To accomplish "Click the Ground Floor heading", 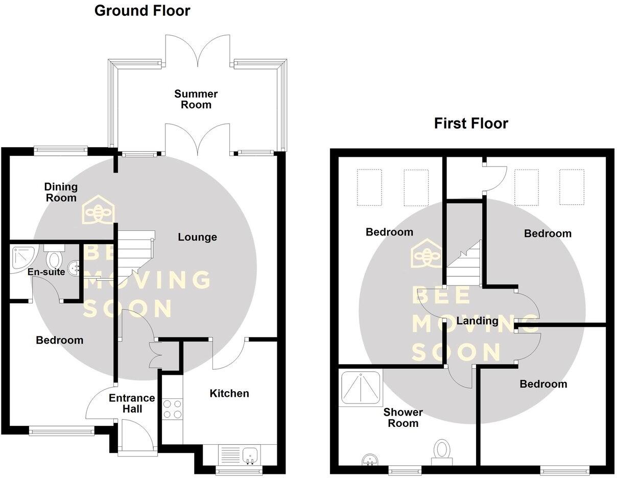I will pyautogui.click(x=142, y=10).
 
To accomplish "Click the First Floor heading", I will pyautogui.click(x=471, y=123).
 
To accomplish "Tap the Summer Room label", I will pyautogui.click(x=196, y=99).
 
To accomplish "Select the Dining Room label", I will pyautogui.click(x=61, y=192).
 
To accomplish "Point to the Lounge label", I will pyautogui.click(x=197, y=237).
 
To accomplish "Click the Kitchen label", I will pyautogui.click(x=229, y=393).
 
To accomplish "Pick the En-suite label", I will pyautogui.click(x=46, y=272).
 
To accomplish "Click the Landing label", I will pyautogui.click(x=477, y=321).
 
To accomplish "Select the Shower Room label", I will pyautogui.click(x=403, y=417).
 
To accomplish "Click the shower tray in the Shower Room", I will pyautogui.click(x=360, y=388).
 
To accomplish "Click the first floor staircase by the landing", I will pyautogui.click(x=464, y=266).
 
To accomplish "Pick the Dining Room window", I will pyautogui.click(x=61, y=150).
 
